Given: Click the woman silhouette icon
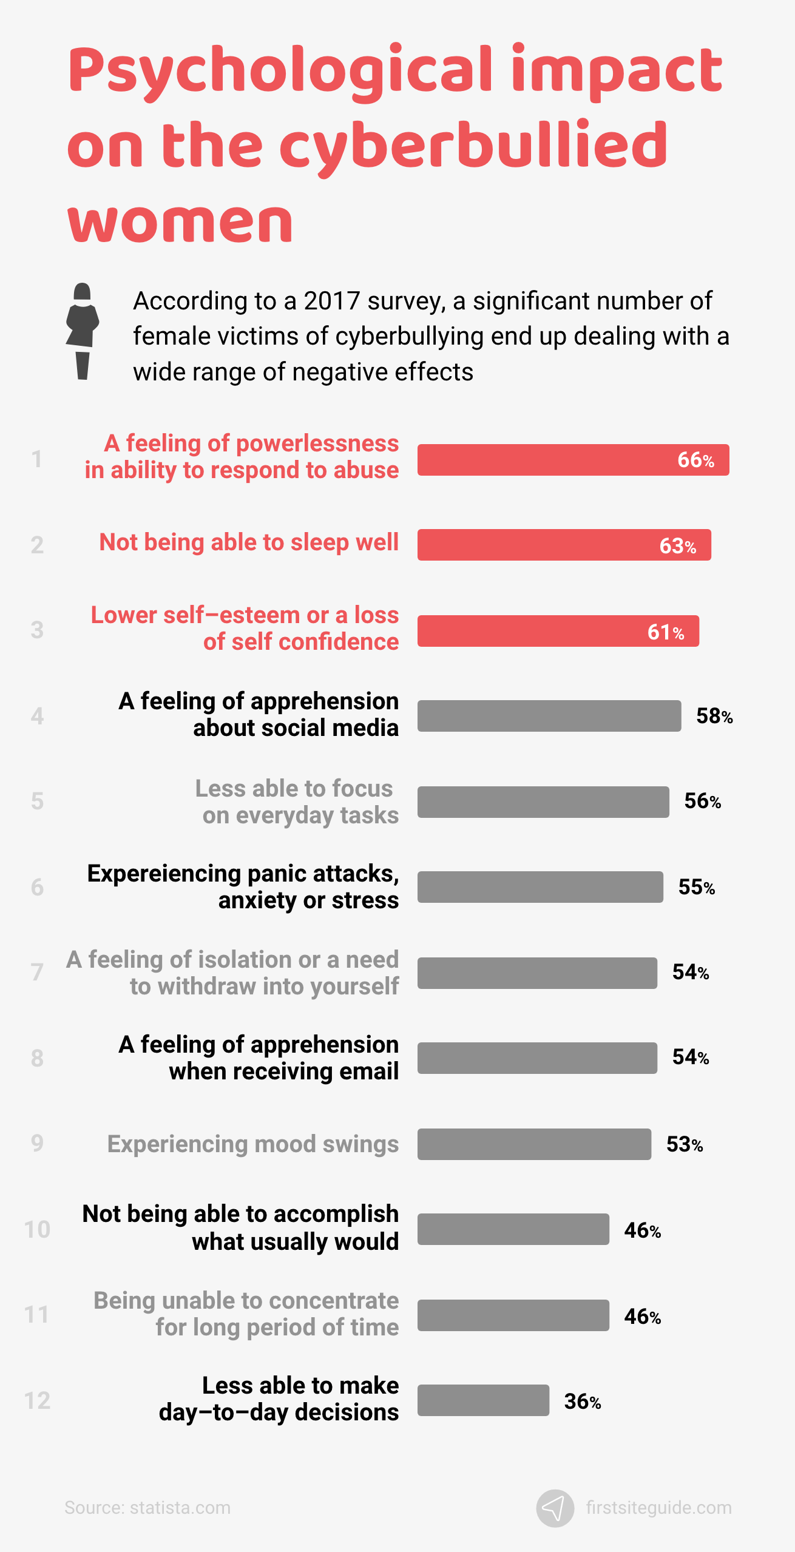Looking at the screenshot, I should coord(83,331).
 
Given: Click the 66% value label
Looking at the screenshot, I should coord(695,460).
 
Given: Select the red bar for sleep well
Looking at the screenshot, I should coord(564,545).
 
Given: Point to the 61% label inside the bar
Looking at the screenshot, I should coord(665,632).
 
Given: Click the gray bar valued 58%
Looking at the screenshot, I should coord(549,716).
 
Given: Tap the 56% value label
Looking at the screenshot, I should coord(702,801).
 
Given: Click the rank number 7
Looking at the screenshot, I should coord(37,972).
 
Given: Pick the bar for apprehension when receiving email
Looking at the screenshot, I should coord(536,1058).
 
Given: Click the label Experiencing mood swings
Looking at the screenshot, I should coord(253,1144).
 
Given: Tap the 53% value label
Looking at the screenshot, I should coord(684,1144).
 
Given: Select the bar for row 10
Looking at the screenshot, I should coord(513,1229).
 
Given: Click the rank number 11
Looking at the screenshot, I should coord(36,1315).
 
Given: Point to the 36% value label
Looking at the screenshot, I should coord(582,1402).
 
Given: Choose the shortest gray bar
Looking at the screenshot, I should coord(483,1400).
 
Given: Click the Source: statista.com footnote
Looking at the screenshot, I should coord(147,1508).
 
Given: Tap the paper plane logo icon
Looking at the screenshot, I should coord(555,1508).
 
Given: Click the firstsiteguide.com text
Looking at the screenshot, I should coord(658,1508).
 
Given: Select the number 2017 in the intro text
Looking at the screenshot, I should coord(332,302).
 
